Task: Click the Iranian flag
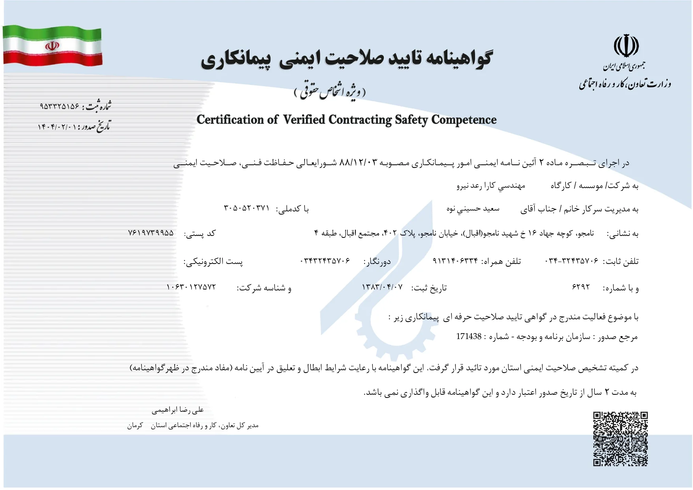point(53,46)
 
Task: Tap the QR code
point(620,439)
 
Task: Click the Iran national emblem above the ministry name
point(626,46)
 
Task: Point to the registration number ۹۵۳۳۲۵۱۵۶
point(60,107)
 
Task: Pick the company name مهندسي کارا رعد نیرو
point(490,186)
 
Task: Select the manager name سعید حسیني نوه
point(473,209)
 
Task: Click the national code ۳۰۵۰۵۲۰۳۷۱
point(246,208)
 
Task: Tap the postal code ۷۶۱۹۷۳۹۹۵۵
point(151,233)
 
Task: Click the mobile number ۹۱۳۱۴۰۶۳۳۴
point(455,261)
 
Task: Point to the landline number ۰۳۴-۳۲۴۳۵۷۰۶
point(572,261)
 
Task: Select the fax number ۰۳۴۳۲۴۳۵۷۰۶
point(325,261)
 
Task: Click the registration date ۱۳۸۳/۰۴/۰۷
point(382,287)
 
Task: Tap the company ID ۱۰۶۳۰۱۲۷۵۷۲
point(191,287)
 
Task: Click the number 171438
point(469,337)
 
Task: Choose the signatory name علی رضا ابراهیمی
point(178,410)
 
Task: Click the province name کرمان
point(135,426)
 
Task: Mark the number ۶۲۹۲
point(581,287)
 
